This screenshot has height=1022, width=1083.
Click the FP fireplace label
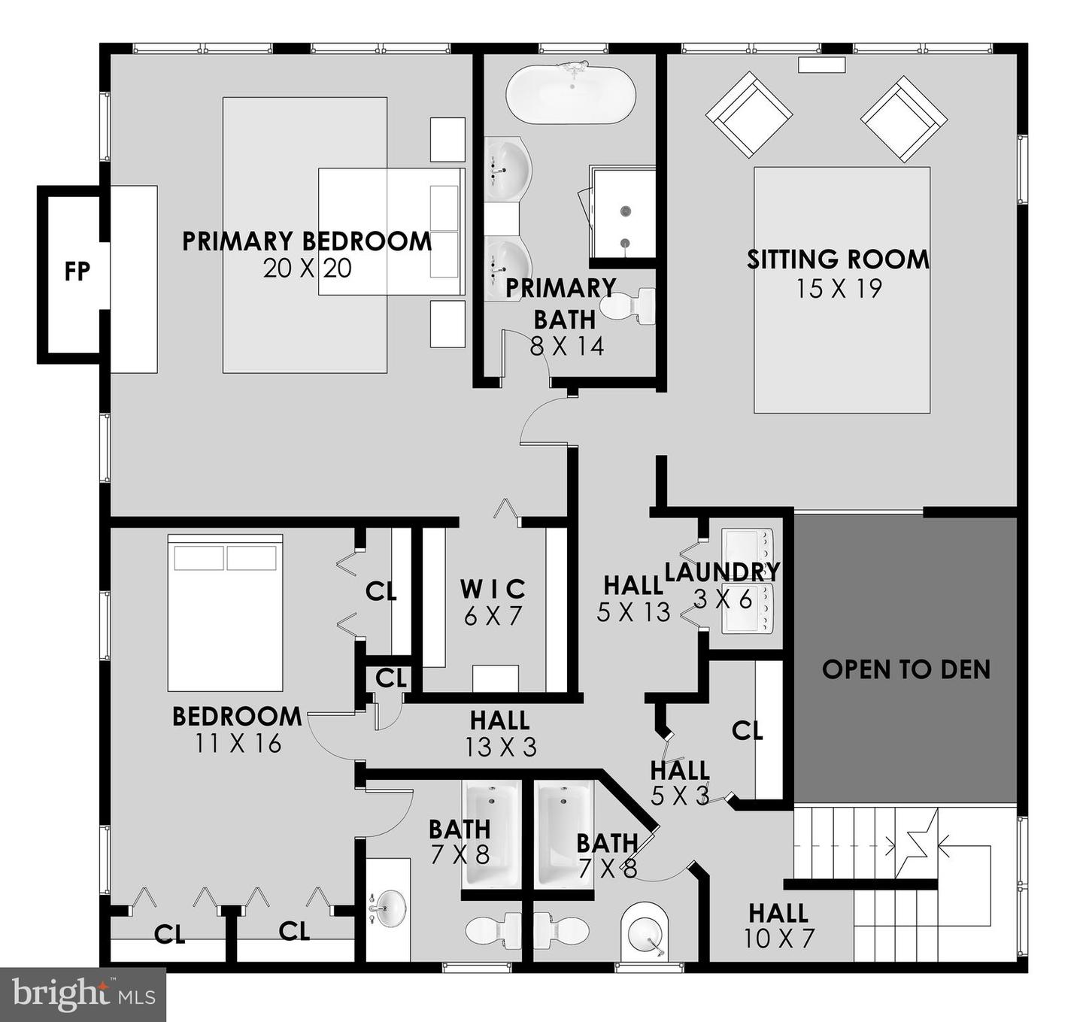77,271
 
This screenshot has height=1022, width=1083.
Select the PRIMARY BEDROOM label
307,241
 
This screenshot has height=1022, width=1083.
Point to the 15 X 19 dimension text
839,289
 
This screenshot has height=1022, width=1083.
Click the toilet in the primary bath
629,306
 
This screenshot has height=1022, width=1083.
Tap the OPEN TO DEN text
906,669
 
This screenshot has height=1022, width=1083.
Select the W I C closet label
493,589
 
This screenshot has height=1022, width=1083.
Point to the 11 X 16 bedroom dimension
238,744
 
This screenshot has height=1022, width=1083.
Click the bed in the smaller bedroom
225,613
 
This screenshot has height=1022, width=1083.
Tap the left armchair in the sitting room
749,114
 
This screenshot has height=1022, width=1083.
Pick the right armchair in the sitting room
904,118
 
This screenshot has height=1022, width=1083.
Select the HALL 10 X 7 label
778,926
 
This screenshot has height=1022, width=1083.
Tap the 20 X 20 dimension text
307,268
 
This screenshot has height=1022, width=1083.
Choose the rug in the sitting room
842,290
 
